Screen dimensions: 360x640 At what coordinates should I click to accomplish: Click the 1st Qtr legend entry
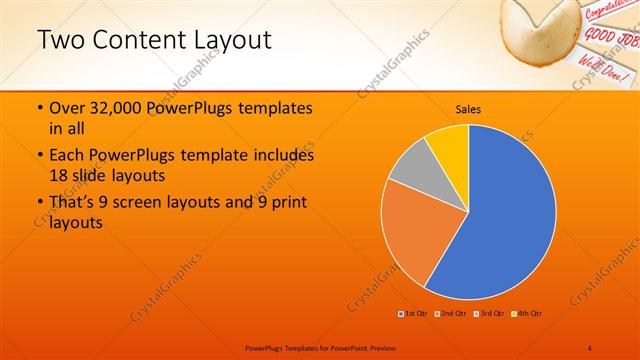click(414, 314)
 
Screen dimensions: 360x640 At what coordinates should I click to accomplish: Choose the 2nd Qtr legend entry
click(451, 314)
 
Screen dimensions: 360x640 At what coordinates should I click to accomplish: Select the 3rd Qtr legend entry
click(488, 314)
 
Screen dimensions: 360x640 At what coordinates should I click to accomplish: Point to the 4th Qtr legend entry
click(526, 314)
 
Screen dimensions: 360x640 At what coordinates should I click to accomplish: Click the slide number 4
click(590, 347)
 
